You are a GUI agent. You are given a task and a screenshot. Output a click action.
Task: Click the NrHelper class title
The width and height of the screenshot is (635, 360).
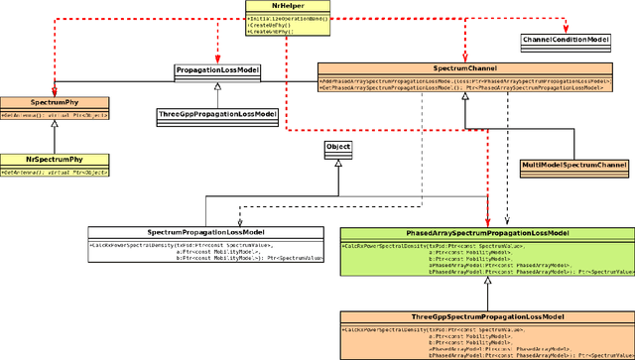click(x=287, y=6)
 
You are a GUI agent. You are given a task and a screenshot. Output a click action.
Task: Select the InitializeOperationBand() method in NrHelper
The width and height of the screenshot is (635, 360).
click(x=287, y=18)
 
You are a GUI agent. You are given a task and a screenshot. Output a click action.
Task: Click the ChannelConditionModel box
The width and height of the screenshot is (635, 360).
click(x=565, y=40)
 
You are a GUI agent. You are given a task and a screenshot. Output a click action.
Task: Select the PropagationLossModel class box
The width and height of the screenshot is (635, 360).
click(x=217, y=71)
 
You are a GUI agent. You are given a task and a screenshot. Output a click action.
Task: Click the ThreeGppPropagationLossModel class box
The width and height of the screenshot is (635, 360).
click(x=217, y=115)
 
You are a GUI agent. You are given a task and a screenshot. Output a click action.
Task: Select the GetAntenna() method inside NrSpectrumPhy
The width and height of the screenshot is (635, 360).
click(x=54, y=172)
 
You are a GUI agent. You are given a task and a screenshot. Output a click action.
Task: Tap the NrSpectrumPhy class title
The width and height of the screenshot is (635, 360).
click(x=54, y=160)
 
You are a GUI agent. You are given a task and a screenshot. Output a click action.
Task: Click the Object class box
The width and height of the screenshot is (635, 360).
click(x=338, y=148)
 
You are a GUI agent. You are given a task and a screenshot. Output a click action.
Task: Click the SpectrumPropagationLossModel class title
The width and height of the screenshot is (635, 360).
click(x=206, y=231)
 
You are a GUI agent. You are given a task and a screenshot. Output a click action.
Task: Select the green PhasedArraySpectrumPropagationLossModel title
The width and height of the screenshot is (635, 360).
click(x=487, y=232)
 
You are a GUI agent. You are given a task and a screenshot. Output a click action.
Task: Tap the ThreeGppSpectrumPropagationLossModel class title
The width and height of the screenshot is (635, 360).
click(x=487, y=317)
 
